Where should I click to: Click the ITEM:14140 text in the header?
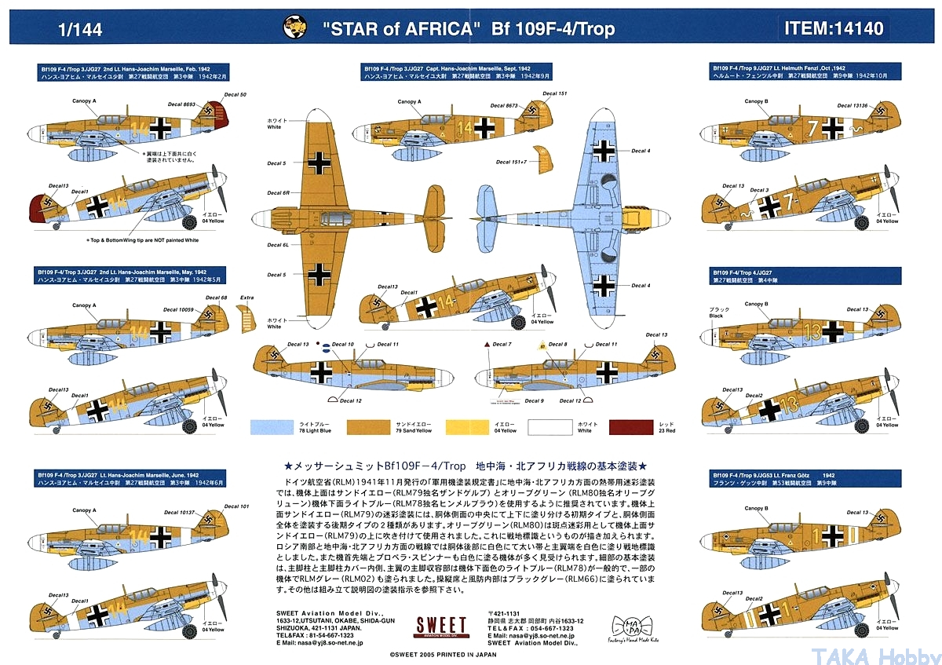tap(833, 29)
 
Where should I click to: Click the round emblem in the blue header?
tap(296, 28)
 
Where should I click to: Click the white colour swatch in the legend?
tap(550, 426)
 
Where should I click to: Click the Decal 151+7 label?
tap(510, 162)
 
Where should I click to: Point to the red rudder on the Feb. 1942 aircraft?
tap(214, 119)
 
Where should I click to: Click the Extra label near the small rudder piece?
tap(247, 298)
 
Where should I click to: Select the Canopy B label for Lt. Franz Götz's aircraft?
tap(754, 507)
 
